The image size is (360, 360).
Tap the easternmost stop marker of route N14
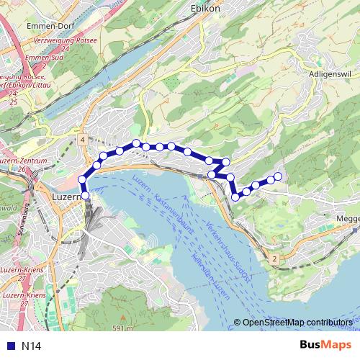[278, 176]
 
